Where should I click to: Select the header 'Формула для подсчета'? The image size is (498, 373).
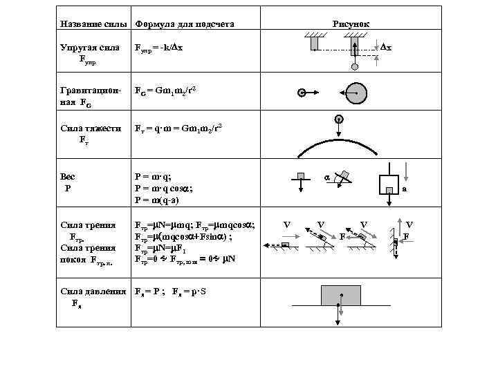185,24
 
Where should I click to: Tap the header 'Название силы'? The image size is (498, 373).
94,24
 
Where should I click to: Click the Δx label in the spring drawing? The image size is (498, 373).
386,47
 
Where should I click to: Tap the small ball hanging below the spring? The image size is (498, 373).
355,68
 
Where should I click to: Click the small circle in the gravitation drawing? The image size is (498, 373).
302,93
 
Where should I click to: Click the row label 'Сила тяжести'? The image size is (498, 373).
91,128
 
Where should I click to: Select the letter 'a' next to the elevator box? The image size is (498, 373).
405,188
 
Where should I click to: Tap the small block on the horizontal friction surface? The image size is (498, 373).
284,245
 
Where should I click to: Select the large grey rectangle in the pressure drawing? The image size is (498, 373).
340,296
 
